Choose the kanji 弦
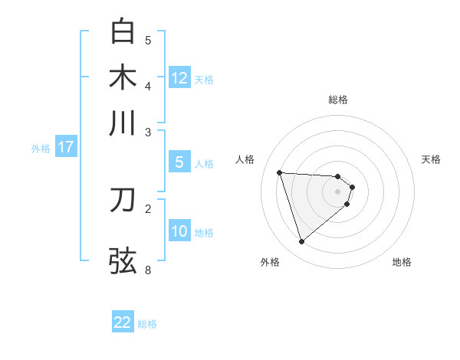coord(123,260)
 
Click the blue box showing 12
coord(179,77)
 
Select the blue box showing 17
coord(66,147)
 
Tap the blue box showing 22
coord(123,322)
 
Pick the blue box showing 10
coord(179,231)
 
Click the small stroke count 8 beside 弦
coord(148,270)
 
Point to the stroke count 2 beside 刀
coord(148,208)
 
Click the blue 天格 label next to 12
coord(204,79)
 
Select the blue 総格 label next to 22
coord(147,324)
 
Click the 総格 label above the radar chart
coord(338,100)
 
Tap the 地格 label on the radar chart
coord(402,262)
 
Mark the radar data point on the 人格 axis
coord(279,172)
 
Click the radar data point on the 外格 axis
coord(301,242)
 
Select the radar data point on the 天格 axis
coord(352,186)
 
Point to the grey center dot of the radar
coord(338,191)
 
